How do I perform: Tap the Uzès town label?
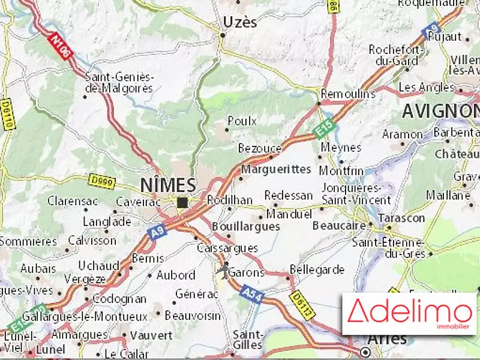[x=240, y=22]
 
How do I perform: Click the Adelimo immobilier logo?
[x=409, y=313]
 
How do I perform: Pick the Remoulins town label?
[x=348, y=94]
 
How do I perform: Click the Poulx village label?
[x=242, y=121]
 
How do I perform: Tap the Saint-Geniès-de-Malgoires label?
[x=119, y=82]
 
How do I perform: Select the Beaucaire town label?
[x=340, y=226]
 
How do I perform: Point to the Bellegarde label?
[x=317, y=269]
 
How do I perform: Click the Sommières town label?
[x=28, y=241]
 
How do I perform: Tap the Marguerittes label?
[x=277, y=169]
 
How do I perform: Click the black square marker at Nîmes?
[x=182, y=203]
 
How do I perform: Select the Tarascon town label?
[x=402, y=218]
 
